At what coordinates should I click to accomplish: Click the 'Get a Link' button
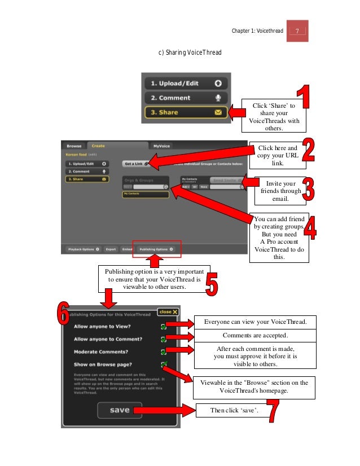pos(137,164)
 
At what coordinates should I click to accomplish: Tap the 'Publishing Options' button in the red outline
pos(157,248)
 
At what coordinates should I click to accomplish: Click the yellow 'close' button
pos(168,311)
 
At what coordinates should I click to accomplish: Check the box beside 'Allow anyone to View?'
pos(163,327)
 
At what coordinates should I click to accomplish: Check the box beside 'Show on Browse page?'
pos(163,364)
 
